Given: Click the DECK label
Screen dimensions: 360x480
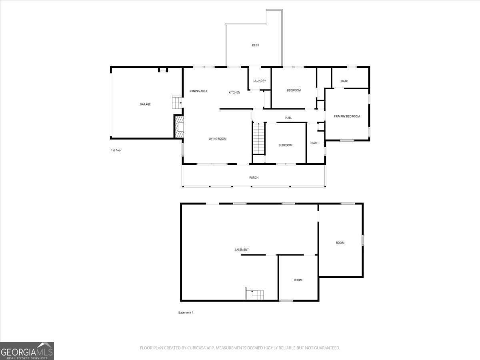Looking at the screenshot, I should tap(256, 45).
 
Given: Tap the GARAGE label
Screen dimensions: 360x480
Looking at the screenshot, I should tap(145, 104).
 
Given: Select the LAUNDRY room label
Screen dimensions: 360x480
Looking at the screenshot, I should tap(260, 81).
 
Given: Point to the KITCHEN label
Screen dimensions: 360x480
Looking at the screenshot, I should tap(234, 92).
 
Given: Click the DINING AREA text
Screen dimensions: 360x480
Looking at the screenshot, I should tap(199, 91).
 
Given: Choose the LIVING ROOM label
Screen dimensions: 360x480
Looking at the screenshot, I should tap(218, 139).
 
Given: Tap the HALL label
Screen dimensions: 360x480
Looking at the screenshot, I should tap(288, 118).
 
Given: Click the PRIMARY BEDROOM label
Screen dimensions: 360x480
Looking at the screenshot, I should tap(347, 116).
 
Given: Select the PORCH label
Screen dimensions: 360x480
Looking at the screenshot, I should tap(254, 178).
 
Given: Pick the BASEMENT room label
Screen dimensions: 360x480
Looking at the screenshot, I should tap(242, 250).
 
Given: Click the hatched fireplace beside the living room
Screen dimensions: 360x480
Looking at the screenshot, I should tap(179, 127).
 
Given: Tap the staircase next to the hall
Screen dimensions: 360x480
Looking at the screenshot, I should tap(259, 138).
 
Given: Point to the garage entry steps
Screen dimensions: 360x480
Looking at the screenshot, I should tap(177, 102).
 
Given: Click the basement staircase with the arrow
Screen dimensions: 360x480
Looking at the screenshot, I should tap(255, 294).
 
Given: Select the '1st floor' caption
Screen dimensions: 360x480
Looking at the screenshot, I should tap(116, 150).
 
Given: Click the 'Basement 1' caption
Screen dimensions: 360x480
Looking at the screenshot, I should tap(186, 312).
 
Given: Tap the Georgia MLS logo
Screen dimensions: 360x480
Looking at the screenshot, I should tap(27, 351).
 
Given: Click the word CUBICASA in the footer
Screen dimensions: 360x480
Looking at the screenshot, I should tap(197, 348).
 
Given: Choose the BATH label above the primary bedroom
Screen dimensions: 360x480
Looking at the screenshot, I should tap(344, 81).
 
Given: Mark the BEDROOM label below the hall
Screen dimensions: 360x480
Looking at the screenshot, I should tap(286, 145).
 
